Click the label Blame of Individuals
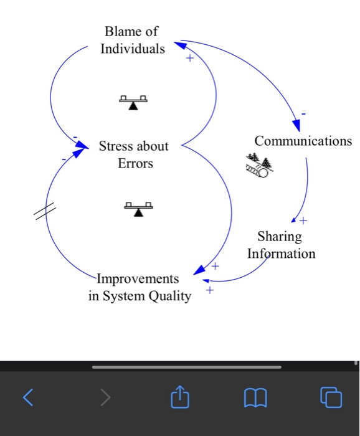pos(133,39)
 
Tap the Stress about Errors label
pos(134,154)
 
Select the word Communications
pos(303,141)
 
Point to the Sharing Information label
pos(281,245)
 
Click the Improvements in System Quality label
pos(140,287)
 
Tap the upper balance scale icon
pos(133,102)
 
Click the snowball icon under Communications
pos(259,165)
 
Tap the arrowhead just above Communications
pos(295,124)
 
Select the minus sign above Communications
pos(303,114)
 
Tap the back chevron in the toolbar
pos(27,396)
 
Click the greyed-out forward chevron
pos(106,396)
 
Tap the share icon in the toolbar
pos(179,395)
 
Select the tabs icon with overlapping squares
pos(331,396)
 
